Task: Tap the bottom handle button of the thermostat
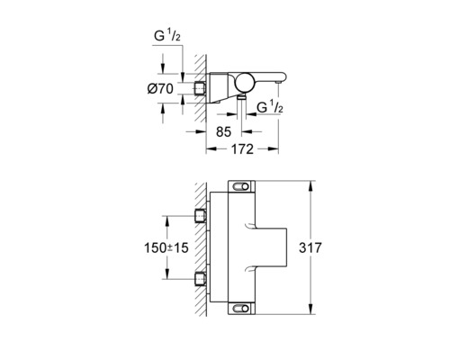(x=242, y=309)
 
